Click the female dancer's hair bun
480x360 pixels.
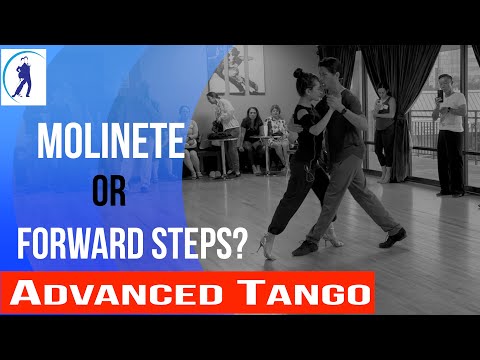[298, 74]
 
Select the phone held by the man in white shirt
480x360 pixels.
[441, 96]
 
